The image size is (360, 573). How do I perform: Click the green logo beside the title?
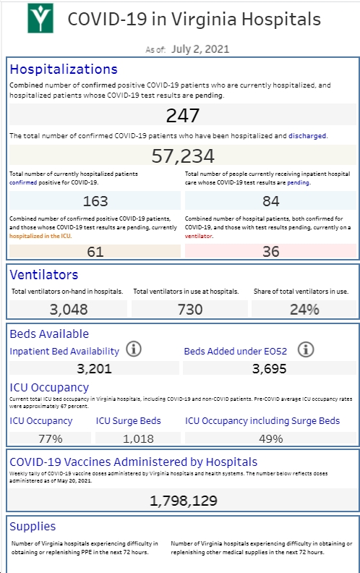40,18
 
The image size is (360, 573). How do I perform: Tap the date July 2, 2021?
200,49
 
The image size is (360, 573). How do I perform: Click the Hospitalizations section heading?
64,69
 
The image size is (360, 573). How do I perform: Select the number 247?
183,116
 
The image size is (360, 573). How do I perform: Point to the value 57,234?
183,156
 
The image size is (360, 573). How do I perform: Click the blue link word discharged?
307,136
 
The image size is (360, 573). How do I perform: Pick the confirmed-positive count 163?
95,201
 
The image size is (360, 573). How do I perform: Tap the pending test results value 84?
270,201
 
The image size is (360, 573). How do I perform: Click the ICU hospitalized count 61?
95,252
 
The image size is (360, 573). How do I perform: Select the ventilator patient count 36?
270,252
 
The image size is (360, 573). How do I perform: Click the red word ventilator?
198,236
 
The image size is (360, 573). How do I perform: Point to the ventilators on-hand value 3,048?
69,310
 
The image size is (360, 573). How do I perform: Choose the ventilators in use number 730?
190,310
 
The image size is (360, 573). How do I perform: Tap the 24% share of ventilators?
304,310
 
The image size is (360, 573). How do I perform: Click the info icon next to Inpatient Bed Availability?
134,349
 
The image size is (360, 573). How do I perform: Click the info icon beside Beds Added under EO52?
306,349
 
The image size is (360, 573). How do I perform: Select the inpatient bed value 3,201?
94,368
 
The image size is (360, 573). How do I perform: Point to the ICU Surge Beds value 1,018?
138,438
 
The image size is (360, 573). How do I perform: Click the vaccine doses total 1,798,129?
184,501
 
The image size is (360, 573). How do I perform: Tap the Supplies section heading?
33,526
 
